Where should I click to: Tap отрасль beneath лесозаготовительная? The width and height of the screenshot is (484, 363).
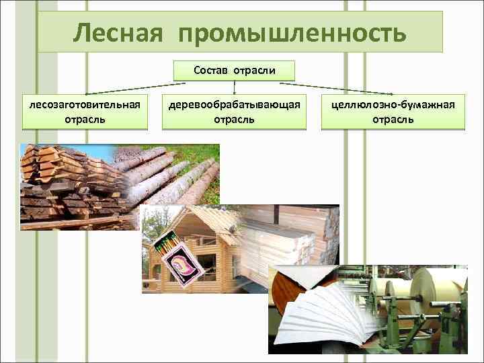84,119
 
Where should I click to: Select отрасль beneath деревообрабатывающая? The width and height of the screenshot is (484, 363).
234,119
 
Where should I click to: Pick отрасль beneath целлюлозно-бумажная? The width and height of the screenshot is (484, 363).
393,119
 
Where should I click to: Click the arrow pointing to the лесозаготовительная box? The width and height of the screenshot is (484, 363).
128,88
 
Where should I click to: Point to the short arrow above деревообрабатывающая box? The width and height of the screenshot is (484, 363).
234,86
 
